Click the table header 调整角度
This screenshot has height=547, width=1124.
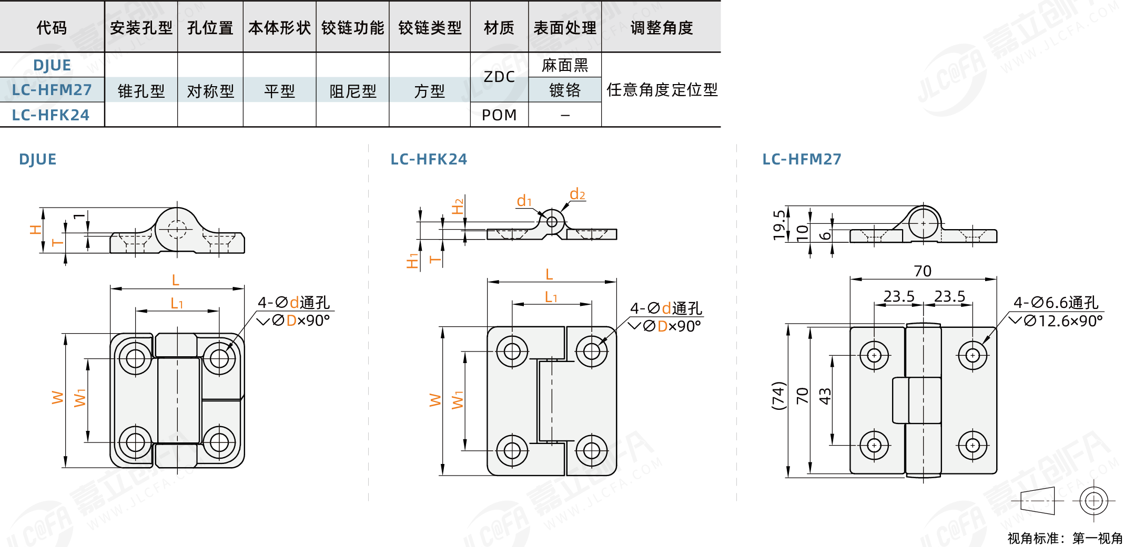(661, 27)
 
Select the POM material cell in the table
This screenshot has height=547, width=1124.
(499, 115)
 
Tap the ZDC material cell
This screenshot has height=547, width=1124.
(499, 77)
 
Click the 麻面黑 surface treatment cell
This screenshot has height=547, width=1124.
(565, 65)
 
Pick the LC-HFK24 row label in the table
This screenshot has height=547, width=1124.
(51, 115)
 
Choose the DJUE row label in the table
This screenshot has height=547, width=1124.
(52, 65)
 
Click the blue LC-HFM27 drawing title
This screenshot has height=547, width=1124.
(802, 159)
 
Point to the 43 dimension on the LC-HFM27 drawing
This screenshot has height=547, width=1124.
(825, 396)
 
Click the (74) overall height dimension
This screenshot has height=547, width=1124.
(778, 396)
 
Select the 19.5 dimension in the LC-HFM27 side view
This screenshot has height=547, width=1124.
(779, 225)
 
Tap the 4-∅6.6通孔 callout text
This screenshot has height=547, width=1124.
(1056, 303)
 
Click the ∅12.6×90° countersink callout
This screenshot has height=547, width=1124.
(1062, 321)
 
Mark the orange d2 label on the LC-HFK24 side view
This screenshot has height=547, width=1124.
(577, 194)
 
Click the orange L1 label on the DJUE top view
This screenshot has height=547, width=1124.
(177, 303)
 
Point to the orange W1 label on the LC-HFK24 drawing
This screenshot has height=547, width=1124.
(458, 400)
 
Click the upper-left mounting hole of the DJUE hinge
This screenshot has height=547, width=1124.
(135, 358)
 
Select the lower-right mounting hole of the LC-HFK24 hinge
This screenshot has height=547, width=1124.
(591, 450)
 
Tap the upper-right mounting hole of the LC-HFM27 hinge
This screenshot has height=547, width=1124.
(973, 356)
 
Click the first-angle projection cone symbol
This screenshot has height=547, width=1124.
(1037, 500)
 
